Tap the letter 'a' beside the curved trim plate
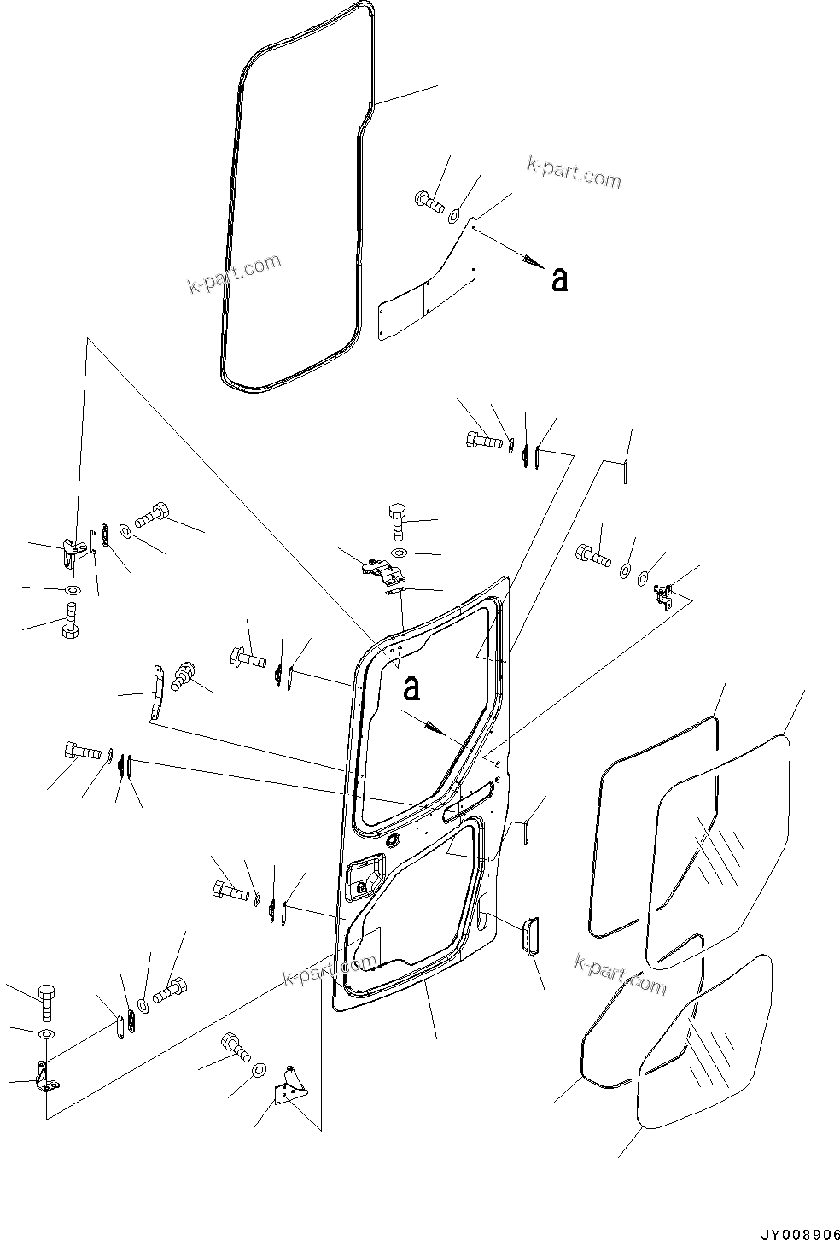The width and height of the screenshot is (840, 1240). click(x=559, y=279)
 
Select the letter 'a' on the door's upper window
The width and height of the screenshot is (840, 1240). click(x=411, y=688)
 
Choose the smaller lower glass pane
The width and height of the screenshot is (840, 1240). click(x=704, y=1050)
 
